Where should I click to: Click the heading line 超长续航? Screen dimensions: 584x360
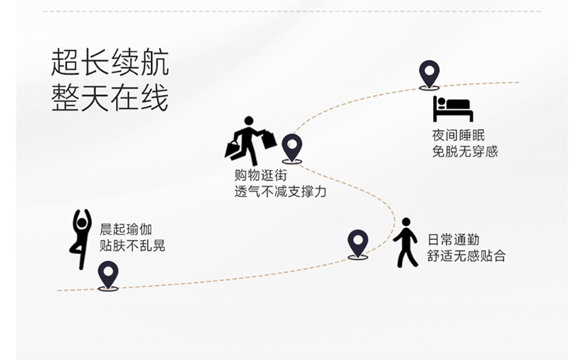click(110, 62)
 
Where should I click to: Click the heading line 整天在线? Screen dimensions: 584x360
click(110, 99)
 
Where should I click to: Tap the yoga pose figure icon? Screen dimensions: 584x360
click(81, 238)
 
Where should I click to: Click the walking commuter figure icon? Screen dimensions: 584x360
click(405, 242)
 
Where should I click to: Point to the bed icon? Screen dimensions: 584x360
click(452, 109)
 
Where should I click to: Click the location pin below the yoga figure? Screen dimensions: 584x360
click(108, 275)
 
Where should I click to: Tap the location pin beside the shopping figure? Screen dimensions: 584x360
click(292, 147)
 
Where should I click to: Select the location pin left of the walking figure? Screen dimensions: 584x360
click(357, 243)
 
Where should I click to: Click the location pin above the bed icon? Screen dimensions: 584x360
click(429, 74)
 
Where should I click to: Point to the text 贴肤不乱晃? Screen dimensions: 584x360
click(132, 246)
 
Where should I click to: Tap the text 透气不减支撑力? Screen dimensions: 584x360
click(280, 191)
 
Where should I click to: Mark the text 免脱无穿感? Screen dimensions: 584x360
click(465, 151)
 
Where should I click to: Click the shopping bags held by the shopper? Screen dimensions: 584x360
click(267, 139)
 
